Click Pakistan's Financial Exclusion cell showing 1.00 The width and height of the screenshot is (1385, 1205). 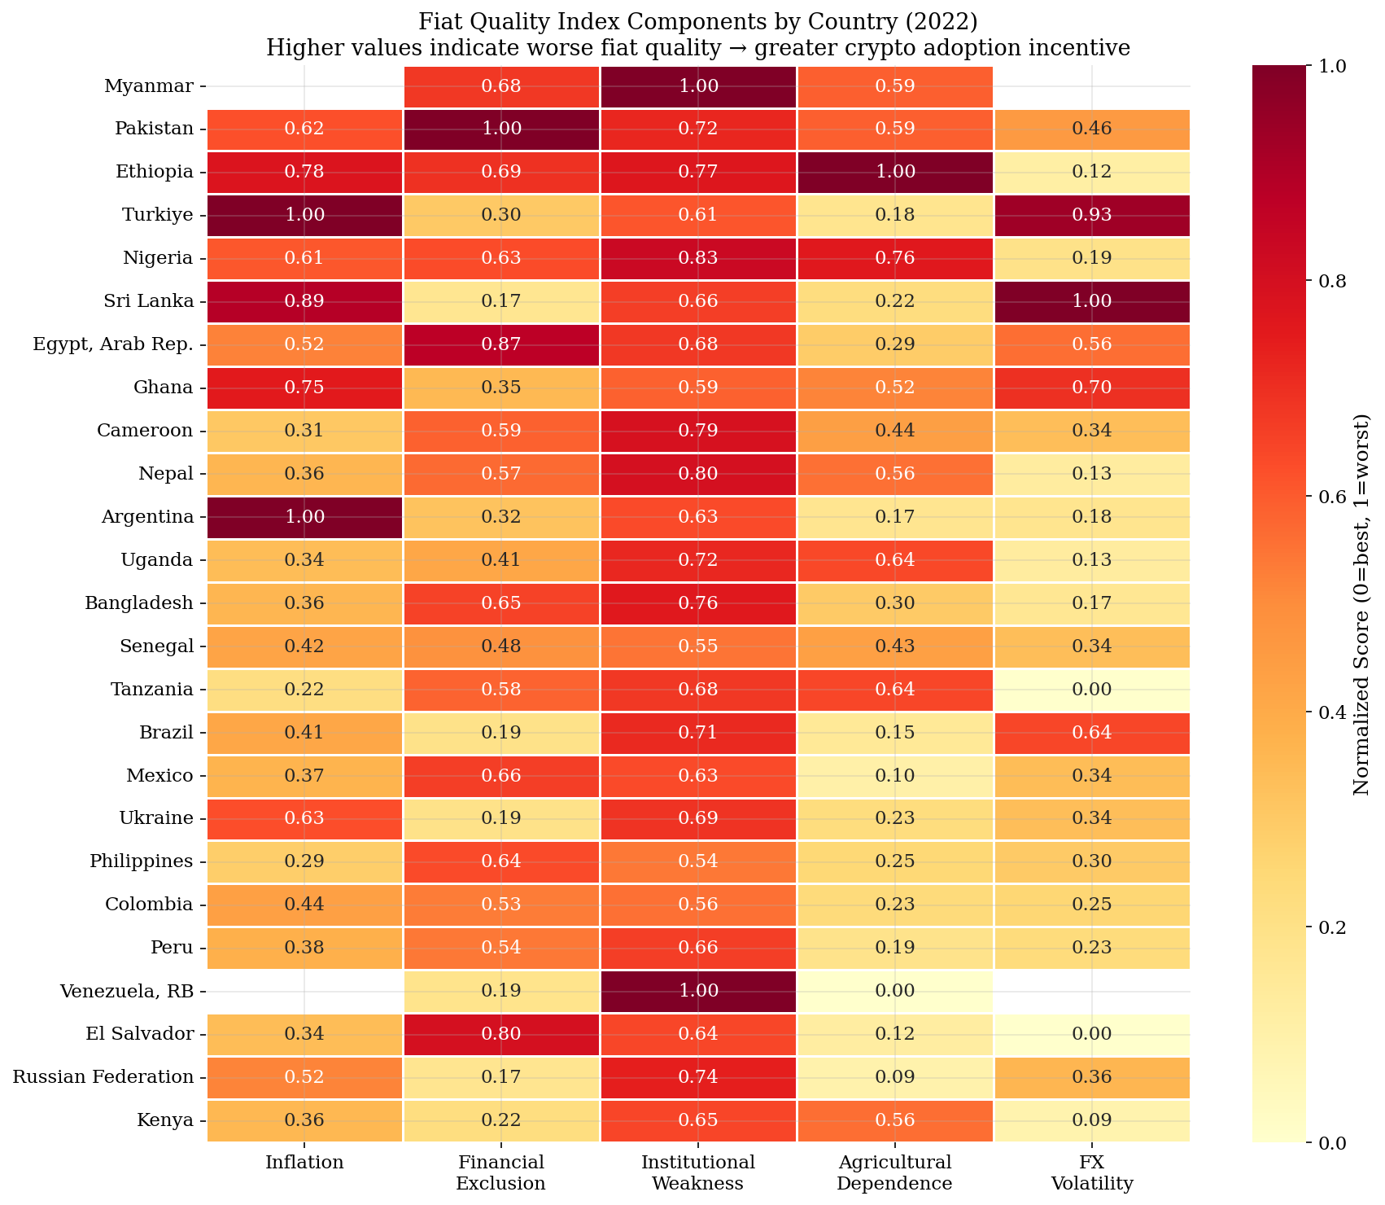[x=501, y=129]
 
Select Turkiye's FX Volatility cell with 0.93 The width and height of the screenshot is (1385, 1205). [x=1091, y=215]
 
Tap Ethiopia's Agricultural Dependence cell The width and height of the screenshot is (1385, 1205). [x=894, y=172]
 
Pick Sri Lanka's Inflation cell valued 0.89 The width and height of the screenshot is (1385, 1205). [x=304, y=301]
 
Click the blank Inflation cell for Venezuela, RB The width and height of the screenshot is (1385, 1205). [x=304, y=991]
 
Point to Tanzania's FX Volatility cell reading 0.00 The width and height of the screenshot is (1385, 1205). [x=1091, y=690]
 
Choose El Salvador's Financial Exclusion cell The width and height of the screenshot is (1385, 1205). [x=501, y=1034]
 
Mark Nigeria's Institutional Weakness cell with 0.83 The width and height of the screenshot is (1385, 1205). [x=698, y=258]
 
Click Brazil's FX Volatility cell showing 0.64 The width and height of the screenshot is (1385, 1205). [x=1091, y=733]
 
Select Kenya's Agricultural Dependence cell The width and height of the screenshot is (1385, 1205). [x=894, y=1120]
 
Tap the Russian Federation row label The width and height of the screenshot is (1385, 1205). [x=103, y=1077]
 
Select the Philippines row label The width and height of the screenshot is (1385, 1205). [x=142, y=861]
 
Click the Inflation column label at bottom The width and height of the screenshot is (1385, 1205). [x=304, y=1163]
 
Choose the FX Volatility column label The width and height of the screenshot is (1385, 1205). [x=1091, y=1172]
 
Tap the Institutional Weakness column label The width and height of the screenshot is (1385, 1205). [x=698, y=1172]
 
